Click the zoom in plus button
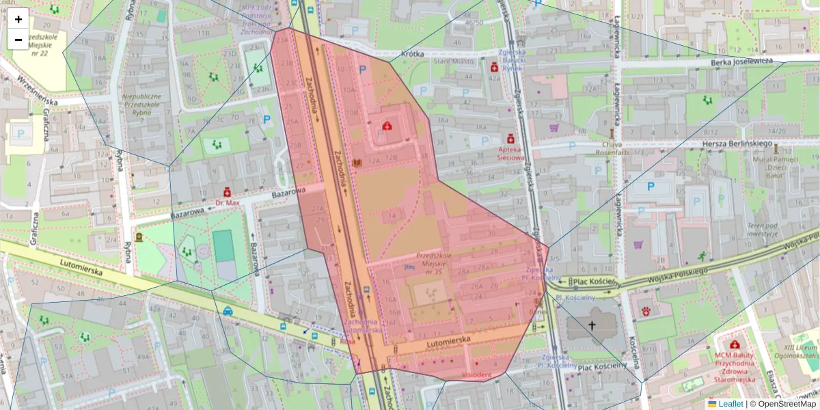pos(18,19)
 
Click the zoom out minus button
pos(18,40)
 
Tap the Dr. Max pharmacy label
pos(227,202)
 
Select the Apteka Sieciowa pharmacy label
pos(510,152)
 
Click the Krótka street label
pos(413,53)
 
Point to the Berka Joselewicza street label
pos(741,61)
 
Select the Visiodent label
pos(476,374)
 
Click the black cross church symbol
pos(592,326)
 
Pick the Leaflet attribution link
pos(730,404)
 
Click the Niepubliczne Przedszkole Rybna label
pos(142,105)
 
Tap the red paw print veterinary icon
pos(645,311)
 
